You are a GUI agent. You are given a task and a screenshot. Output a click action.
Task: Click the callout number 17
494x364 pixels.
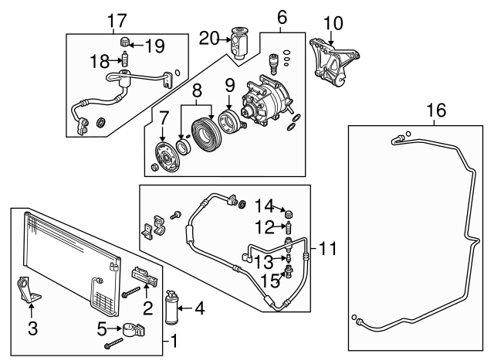(117, 19)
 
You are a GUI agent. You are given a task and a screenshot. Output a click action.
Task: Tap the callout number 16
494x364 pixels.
(436, 111)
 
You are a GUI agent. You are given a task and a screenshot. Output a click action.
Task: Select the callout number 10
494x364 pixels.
(333, 23)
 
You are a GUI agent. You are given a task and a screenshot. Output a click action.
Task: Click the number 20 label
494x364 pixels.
(209, 38)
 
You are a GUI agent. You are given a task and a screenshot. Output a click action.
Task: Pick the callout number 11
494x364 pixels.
(328, 249)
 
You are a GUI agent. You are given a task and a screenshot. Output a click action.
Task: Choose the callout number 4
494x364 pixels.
(198, 310)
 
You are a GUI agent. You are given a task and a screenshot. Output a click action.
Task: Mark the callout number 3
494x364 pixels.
(32, 328)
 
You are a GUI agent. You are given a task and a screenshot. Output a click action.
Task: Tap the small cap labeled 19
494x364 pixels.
(124, 43)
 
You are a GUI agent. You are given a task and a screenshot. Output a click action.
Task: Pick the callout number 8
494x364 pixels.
(197, 90)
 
